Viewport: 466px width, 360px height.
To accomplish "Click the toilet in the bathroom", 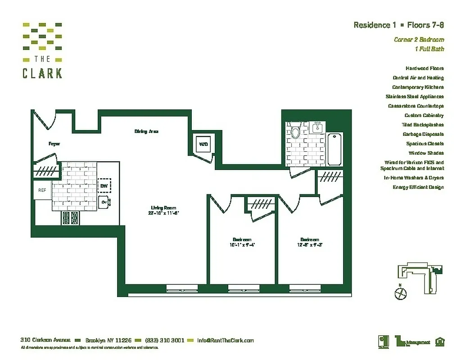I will point(296,130).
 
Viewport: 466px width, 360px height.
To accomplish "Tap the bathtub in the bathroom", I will point(334,149).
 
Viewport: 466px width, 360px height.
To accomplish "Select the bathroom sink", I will point(318,127).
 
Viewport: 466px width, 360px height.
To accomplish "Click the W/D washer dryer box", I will point(203,144).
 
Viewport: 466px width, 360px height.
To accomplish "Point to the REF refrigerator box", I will point(42,190).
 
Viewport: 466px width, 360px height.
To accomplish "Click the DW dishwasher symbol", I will point(104,185).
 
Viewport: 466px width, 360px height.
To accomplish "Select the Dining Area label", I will point(146,131).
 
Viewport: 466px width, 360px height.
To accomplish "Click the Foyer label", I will point(54,144).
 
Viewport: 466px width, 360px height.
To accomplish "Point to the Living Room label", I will point(160,207).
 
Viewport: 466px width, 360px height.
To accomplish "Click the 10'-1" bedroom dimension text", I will point(242,245).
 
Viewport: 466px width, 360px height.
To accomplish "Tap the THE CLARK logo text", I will point(42,67).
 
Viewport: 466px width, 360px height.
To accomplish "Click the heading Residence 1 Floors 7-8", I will point(398,25).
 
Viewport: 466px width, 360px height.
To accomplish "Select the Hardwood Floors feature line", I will point(425,68).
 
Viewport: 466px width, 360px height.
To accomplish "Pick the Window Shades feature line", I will point(425,153).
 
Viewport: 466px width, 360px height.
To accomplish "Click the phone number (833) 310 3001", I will point(164,341).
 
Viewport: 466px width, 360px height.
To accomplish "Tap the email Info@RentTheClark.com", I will point(225,341).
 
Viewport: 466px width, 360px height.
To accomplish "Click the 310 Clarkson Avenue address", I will point(45,341).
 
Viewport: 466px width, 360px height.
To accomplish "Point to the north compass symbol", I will point(399,293).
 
